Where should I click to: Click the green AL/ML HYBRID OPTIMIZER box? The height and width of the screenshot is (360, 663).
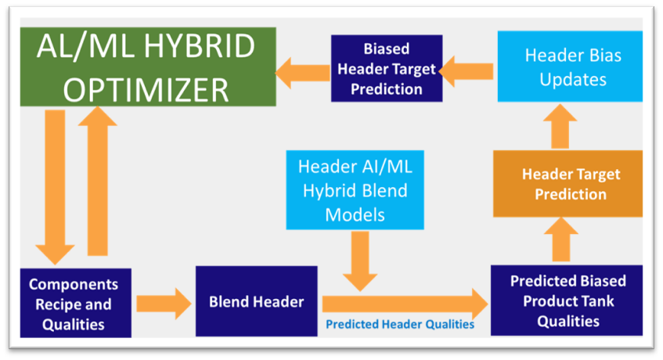(x=148, y=67)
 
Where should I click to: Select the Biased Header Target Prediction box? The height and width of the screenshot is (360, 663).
(x=387, y=68)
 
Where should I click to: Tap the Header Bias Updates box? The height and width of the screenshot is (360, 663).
(x=570, y=67)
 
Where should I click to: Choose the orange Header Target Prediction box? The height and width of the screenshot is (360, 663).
(x=568, y=184)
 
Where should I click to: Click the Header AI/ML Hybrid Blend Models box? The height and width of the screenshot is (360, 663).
(x=355, y=190)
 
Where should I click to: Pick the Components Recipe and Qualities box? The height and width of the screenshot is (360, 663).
(x=76, y=303)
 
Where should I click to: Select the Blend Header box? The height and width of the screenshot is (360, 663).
(x=256, y=301)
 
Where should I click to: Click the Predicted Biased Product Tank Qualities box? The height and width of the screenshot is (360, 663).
(x=567, y=301)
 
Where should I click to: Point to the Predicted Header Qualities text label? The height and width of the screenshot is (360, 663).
(x=400, y=324)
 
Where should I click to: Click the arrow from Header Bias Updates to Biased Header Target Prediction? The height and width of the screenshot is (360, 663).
(x=467, y=71)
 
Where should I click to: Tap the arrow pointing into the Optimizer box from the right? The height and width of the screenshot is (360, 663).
(x=303, y=73)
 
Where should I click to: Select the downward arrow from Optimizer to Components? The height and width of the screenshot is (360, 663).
(x=55, y=187)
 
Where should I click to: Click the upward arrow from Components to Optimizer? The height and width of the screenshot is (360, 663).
(x=98, y=181)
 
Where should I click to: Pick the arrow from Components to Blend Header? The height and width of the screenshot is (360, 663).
(x=164, y=304)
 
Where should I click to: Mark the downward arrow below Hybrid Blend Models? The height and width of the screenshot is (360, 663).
(x=360, y=261)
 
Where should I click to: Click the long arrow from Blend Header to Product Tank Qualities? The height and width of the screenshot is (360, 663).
(x=405, y=304)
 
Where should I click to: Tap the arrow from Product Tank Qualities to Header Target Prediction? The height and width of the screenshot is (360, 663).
(x=561, y=239)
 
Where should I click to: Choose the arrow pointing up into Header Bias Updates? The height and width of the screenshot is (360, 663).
(x=560, y=126)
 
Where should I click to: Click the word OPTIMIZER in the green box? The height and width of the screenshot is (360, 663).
(x=146, y=90)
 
